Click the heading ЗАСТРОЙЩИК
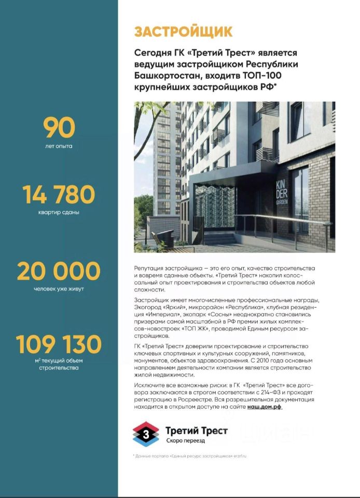click(x=183, y=32)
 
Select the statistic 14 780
click(x=59, y=195)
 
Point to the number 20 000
click(x=59, y=271)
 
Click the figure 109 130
click(x=59, y=344)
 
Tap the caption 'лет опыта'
click(x=59, y=146)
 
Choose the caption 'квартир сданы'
click(x=59, y=212)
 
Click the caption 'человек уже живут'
click(x=59, y=289)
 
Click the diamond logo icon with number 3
click(x=146, y=434)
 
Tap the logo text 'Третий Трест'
click(x=196, y=431)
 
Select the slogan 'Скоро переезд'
click(x=185, y=440)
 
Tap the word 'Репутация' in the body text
click(x=148, y=268)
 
